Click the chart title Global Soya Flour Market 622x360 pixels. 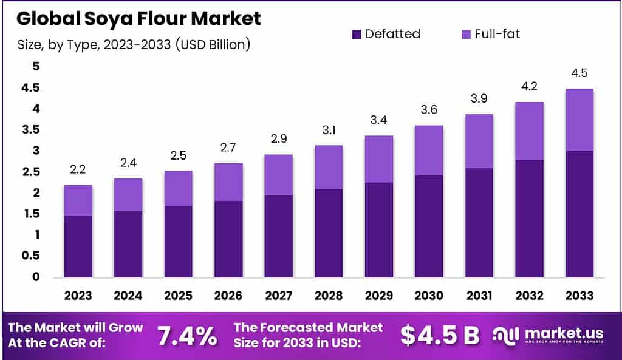tap(138, 18)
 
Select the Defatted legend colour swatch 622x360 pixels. tap(357, 35)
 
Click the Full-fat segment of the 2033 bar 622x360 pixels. tap(579, 120)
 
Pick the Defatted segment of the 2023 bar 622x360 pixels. tap(78, 246)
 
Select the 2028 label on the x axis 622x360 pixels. tap(329, 296)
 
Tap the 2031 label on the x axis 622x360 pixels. tap(479, 296)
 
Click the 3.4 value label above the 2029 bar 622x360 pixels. tap(378, 120)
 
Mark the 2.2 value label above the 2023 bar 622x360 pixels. tap(78, 169)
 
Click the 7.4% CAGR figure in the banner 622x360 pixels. tap(186, 335)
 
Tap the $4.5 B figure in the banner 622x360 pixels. tap(440, 335)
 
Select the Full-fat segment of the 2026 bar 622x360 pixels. tap(228, 182)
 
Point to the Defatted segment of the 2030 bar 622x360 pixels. tap(429, 226)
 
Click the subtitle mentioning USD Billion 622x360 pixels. tap(134, 44)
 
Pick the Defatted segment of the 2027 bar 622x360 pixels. tap(278, 236)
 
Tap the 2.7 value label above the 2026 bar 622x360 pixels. tap(228, 147)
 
